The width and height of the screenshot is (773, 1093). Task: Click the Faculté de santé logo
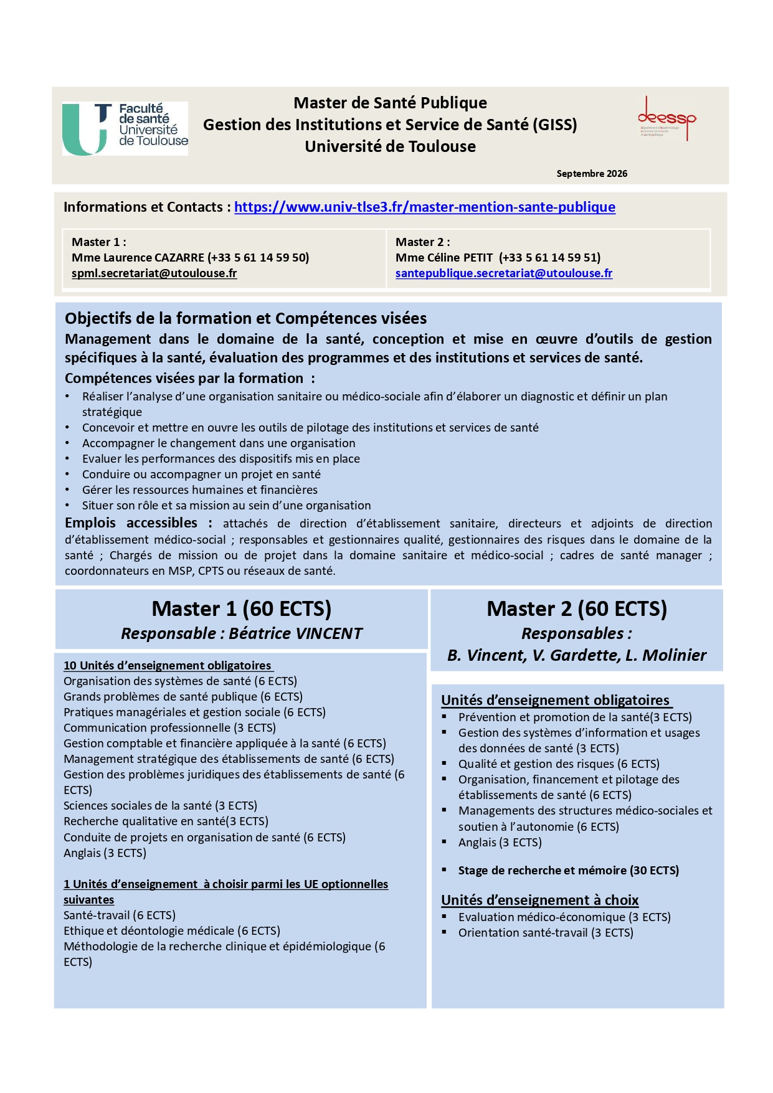(125, 128)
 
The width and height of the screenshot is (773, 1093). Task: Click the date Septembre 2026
(591, 174)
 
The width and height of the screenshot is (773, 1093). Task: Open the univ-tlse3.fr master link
(424, 207)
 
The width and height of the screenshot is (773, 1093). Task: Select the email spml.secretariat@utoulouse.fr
(154, 273)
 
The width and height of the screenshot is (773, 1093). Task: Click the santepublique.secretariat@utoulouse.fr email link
(503, 273)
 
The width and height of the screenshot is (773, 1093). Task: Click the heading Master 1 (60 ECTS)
(241, 608)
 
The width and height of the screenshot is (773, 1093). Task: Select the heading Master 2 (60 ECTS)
(576, 608)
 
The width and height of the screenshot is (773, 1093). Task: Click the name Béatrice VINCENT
(295, 634)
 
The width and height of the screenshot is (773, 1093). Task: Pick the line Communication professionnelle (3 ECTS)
(169, 728)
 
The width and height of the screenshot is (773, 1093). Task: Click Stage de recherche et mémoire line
(568, 871)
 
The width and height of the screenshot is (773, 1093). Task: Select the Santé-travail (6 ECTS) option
(120, 916)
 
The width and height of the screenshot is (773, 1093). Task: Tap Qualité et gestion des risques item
(558, 764)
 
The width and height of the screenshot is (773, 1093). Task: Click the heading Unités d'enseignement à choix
(539, 900)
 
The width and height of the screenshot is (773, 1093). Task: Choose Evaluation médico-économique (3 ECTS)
(564, 917)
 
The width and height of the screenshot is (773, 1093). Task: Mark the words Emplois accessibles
(131, 523)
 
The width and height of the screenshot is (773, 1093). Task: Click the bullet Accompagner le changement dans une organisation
(219, 443)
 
